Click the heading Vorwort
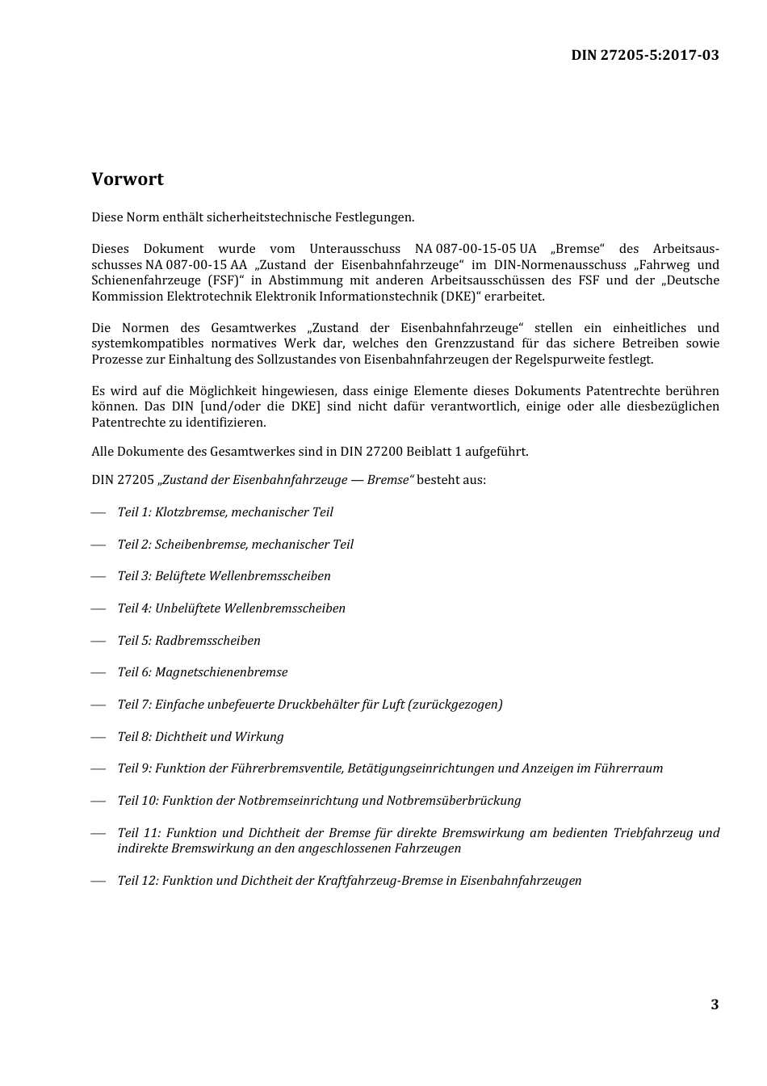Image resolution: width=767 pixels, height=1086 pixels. point(128,179)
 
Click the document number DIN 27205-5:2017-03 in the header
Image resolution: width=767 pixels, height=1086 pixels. point(644,55)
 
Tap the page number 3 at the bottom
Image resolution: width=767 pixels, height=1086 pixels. point(715,1004)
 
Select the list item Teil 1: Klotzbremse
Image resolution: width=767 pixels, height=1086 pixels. point(225,512)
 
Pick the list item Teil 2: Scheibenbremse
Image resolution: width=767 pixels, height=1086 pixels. point(235,545)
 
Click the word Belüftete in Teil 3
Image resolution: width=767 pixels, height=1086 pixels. point(181,576)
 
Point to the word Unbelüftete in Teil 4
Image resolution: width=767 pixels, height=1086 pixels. point(187,608)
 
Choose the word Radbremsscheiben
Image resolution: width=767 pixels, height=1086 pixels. point(207,641)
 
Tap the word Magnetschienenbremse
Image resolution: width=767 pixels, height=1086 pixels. point(221,672)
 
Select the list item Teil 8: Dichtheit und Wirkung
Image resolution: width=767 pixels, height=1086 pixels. point(200,737)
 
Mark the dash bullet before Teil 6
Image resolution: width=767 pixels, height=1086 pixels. point(98,672)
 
